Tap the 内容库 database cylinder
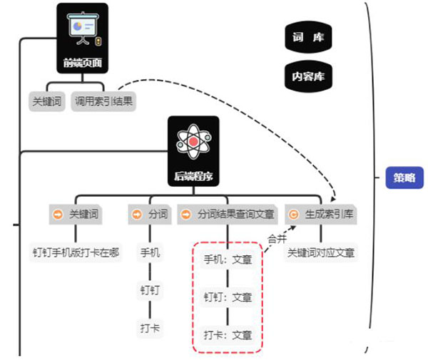[308, 74]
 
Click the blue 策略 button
[404, 178]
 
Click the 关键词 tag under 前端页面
[48, 101]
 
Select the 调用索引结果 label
[103, 101]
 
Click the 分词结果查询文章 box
[228, 214]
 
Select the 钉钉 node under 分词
[151, 289]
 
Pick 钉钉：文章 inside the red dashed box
[228, 297]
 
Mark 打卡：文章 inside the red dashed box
[228, 334]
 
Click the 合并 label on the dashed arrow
[276, 238]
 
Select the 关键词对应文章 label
[321, 252]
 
